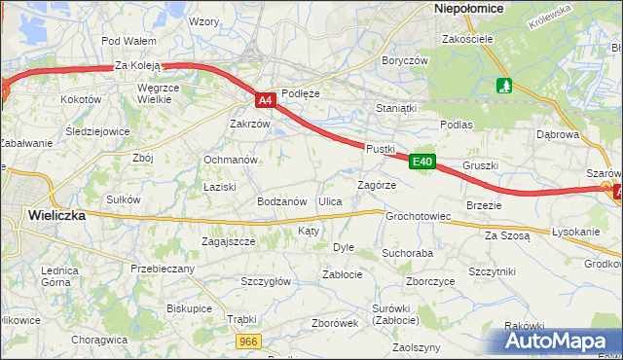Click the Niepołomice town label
click(x=467, y=8)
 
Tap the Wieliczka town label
click(x=57, y=215)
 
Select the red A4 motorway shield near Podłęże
click(x=266, y=99)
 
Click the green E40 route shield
click(x=421, y=162)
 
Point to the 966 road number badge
click(x=250, y=341)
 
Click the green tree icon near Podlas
click(x=503, y=87)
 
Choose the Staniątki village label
click(x=396, y=109)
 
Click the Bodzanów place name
click(x=282, y=201)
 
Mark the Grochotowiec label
click(x=418, y=216)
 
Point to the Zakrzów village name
click(x=249, y=125)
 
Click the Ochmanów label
click(x=230, y=160)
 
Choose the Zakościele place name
click(x=468, y=40)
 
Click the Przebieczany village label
click(x=163, y=269)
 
